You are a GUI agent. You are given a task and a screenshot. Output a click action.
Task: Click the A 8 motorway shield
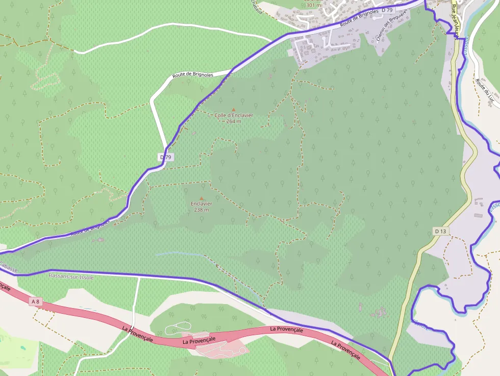pos(35,302)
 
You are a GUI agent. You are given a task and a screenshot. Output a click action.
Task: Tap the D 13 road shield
pos(441,231)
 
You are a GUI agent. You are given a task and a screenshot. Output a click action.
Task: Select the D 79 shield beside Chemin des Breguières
pos(387,10)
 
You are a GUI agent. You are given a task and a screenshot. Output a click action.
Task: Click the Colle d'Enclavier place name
pos(234,115)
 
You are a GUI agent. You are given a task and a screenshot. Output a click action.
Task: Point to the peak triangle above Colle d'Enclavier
pos(234,109)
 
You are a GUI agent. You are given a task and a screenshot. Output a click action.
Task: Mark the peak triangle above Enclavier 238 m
pos(202,198)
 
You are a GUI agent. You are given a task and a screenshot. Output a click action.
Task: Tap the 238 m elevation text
pos(202,210)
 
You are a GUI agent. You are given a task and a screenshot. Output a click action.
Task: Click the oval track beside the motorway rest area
pos(177,329)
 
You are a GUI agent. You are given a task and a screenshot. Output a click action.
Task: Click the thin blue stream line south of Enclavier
pos(179,253)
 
